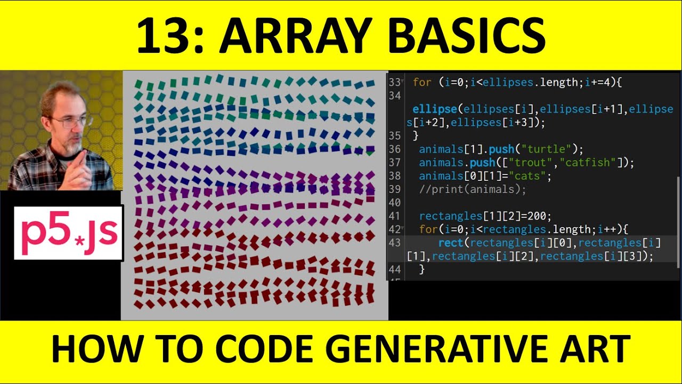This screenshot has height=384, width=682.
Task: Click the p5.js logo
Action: [68, 233]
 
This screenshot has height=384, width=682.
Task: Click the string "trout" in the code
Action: [533, 163]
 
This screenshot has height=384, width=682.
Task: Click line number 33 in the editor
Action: [394, 83]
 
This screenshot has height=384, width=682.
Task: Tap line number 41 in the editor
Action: [394, 216]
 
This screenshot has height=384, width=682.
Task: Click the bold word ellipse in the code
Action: [435, 109]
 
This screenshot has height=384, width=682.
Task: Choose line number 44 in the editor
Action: [394, 269]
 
